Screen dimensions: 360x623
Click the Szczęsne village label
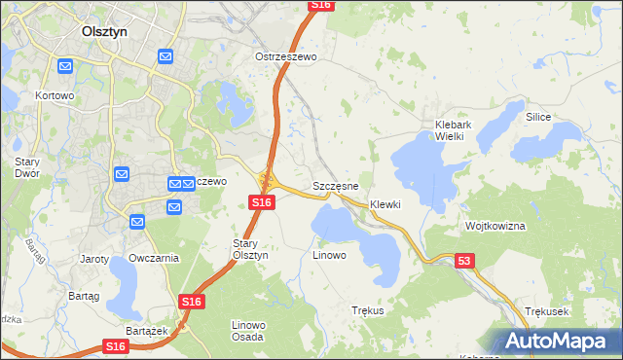click(336, 185)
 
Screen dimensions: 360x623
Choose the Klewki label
click(385, 205)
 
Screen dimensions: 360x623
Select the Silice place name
click(538, 117)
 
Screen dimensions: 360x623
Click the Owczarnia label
click(154, 259)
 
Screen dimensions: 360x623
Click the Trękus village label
click(367, 310)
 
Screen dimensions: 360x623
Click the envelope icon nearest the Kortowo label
click(65, 66)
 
